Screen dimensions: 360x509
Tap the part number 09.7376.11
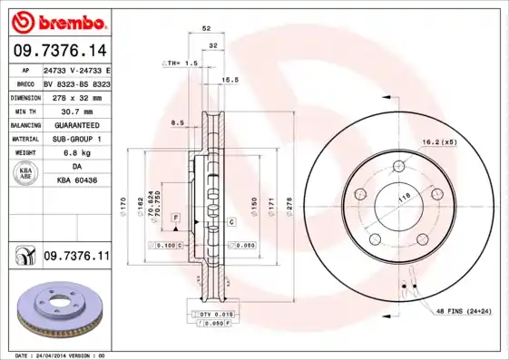pos(76,258)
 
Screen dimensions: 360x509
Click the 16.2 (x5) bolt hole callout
pos(437,143)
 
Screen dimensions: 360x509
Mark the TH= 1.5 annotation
pos(181,63)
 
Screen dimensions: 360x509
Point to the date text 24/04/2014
pos(58,355)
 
